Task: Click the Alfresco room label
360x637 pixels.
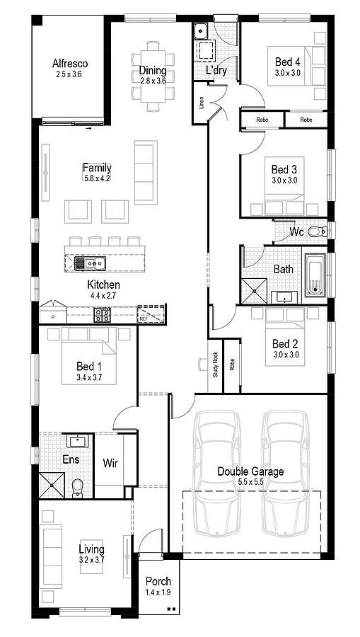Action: (70, 64)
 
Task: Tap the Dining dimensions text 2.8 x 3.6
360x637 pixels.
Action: (153, 81)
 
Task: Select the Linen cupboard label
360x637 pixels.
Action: (201, 103)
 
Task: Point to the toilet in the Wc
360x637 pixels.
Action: (317, 232)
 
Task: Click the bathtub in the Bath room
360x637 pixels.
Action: (315, 276)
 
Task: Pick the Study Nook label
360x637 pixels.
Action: (216, 365)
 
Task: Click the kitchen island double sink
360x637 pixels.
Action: (90, 264)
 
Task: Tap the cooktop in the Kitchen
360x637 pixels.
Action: (103, 315)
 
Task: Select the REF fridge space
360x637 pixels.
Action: (150, 314)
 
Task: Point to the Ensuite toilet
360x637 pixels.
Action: (76, 488)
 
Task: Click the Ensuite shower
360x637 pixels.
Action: (52, 485)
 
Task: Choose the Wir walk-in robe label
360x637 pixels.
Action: (110, 462)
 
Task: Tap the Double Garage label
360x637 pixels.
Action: (250, 471)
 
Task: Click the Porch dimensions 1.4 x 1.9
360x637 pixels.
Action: (158, 592)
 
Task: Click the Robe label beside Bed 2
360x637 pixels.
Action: (232, 365)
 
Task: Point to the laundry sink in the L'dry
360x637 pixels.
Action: (200, 30)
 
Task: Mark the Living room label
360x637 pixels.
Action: (91, 550)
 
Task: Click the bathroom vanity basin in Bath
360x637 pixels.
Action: (284, 297)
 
